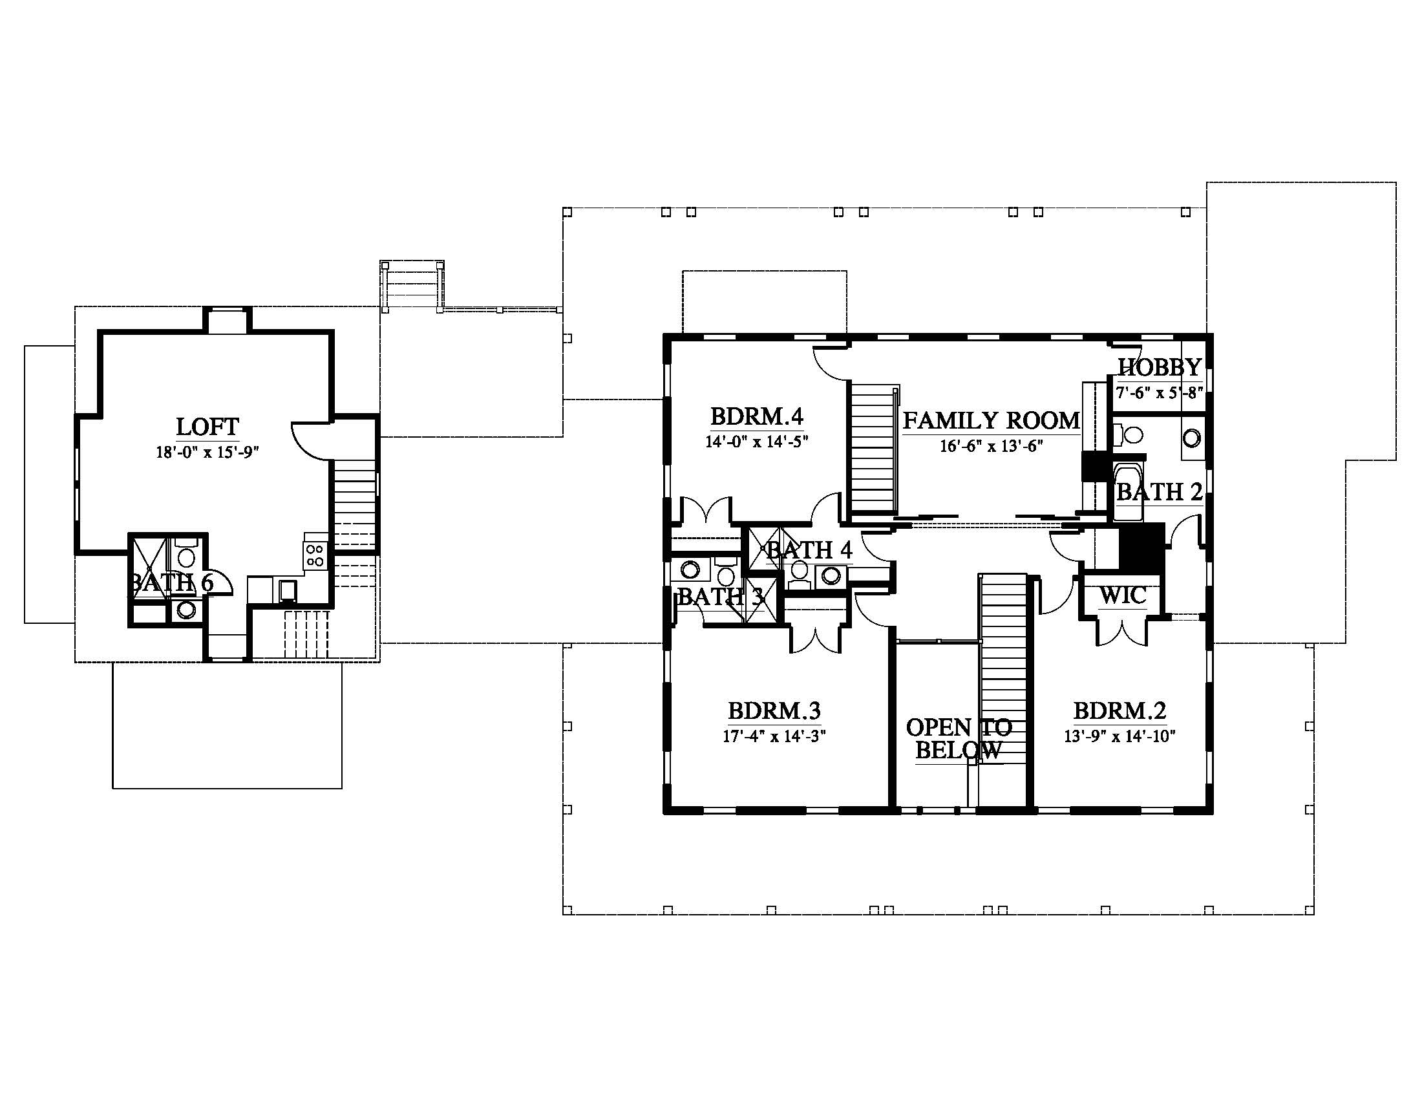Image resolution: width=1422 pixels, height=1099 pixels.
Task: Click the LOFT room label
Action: tap(207, 427)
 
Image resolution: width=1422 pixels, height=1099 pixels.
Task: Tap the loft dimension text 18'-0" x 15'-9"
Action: tap(207, 452)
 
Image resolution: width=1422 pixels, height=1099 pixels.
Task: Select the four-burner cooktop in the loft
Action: tap(315, 555)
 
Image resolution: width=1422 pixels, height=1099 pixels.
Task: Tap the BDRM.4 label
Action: tap(757, 416)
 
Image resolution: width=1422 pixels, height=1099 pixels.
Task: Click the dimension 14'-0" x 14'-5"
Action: tap(757, 442)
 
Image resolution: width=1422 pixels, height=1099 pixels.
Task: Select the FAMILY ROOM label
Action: tap(991, 421)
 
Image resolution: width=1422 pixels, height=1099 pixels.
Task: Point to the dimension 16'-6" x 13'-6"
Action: tap(991, 446)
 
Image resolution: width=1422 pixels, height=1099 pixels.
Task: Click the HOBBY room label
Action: tap(1160, 367)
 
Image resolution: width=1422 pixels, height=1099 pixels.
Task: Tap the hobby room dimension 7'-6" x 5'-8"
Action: tap(1159, 392)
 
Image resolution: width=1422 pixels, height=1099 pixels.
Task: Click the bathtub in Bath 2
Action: tap(1127, 491)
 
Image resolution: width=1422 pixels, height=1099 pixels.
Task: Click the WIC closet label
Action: tap(1123, 595)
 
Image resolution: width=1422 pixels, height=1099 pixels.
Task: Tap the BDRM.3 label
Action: tap(774, 710)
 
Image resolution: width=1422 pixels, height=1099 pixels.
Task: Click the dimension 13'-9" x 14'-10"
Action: tap(1120, 736)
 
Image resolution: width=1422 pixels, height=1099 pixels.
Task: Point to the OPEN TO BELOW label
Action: tap(959, 739)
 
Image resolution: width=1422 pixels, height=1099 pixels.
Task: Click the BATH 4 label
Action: tap(809, 550)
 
